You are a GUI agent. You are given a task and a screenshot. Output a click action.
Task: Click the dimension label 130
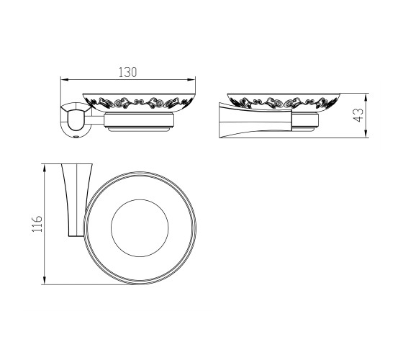127,72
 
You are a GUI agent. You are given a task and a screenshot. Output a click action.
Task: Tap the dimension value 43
358,115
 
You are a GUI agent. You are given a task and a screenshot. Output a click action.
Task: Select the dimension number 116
37,224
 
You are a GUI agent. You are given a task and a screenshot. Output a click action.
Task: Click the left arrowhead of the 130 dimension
64,80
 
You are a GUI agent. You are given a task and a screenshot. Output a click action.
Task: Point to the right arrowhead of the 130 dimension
191,80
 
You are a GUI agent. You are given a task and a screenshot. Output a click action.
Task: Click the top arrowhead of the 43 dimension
366,97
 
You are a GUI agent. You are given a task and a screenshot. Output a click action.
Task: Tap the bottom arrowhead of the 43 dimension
366,134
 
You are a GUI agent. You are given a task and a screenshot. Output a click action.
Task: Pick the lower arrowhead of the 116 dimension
45,281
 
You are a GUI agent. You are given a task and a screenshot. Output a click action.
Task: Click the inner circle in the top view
140,199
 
